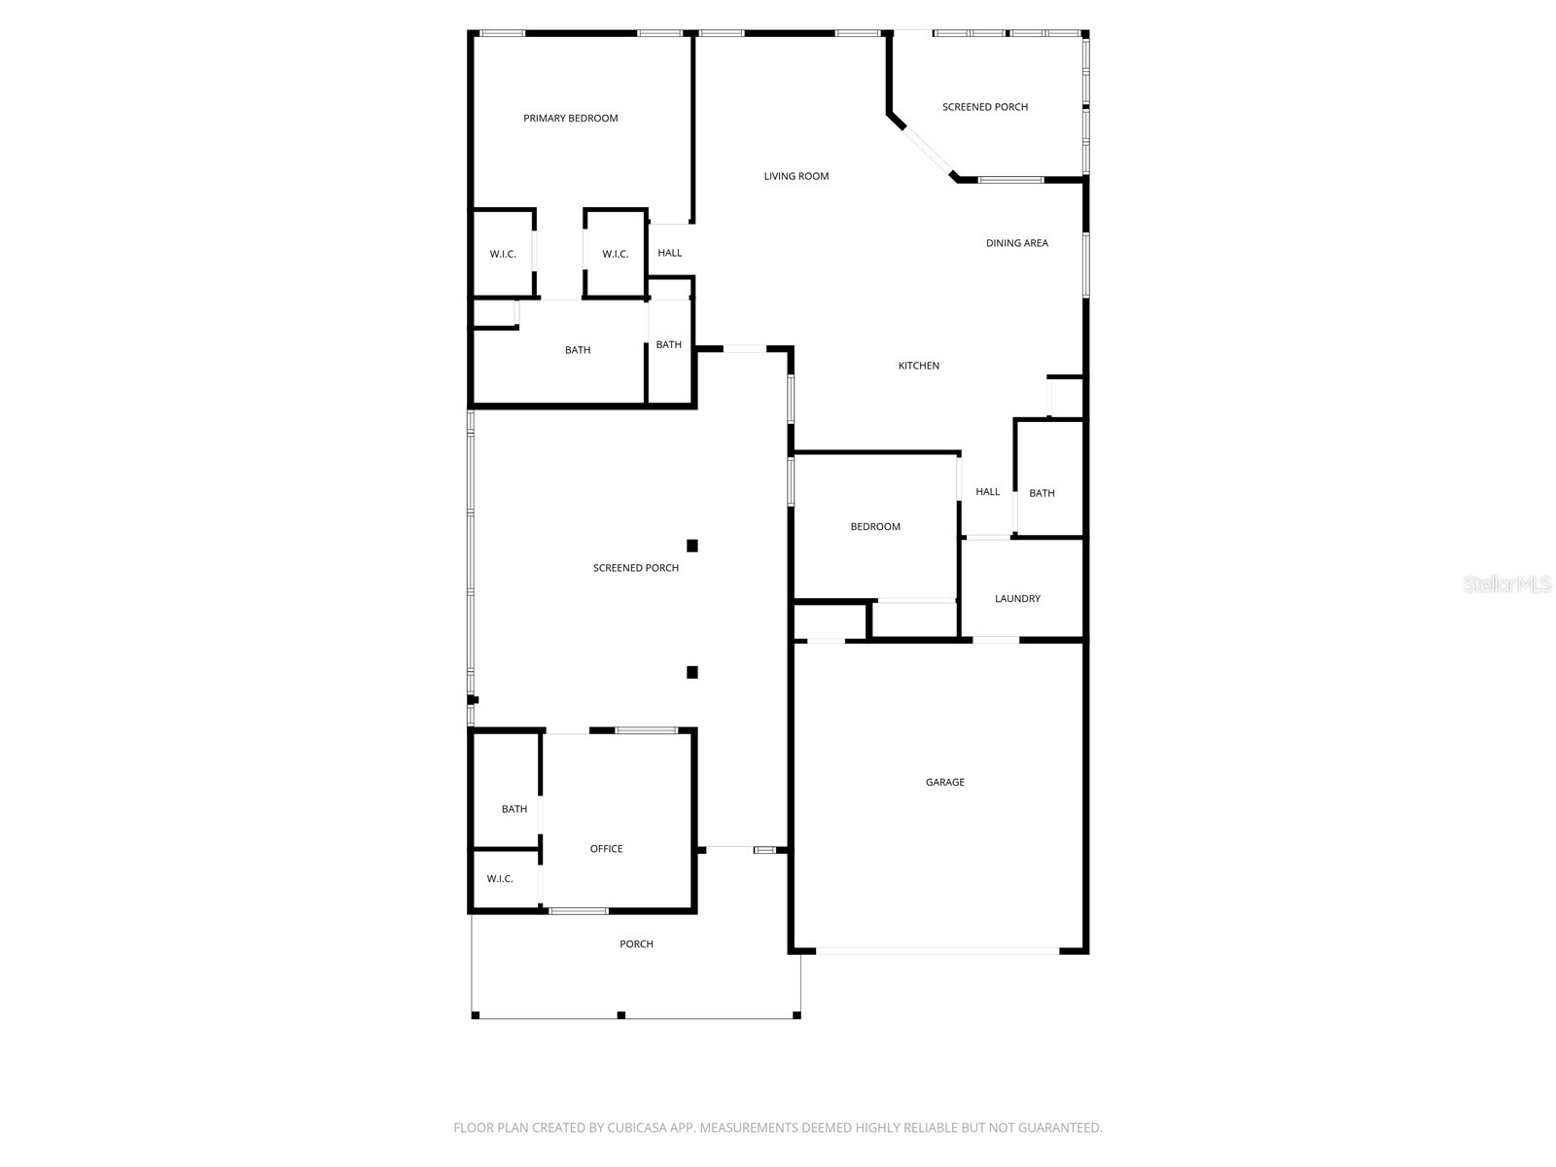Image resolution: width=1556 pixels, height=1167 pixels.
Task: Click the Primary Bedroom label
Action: coord(571,119)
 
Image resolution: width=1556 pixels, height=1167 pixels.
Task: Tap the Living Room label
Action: coord(796,176)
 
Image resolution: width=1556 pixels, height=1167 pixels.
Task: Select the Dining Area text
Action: coord(1017,243)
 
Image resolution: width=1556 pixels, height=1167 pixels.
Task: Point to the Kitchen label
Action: coord(919,366)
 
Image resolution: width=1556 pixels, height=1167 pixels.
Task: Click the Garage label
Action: coord(945,782)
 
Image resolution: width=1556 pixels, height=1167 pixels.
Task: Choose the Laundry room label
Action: coord(1017,599)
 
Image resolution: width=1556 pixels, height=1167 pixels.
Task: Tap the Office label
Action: coord(607,849)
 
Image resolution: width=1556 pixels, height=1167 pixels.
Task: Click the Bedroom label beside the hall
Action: coord(875,527)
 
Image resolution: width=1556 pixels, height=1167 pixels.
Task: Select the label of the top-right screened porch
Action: coord(985,107)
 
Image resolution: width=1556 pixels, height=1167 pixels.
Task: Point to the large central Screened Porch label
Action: coord(636,568)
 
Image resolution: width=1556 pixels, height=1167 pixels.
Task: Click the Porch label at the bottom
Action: coord(637,944)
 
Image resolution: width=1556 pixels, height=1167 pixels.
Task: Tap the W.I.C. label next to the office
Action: coord(500,879)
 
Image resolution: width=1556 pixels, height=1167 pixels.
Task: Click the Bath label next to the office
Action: coord(514,809)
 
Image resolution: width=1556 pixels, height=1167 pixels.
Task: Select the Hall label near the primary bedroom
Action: coord(670,253)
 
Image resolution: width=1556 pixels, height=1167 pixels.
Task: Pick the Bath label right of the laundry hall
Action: coord(1042,493)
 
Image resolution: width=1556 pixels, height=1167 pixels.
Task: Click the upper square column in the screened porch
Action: coord(692,546)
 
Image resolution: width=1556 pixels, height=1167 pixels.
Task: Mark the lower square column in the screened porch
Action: coord(692,672)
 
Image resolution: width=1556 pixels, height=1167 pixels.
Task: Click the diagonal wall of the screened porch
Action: coord(924,148)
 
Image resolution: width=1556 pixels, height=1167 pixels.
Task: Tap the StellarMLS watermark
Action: coord(1508,584)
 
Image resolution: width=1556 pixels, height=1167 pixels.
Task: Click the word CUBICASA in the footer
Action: coord(636,1128)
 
